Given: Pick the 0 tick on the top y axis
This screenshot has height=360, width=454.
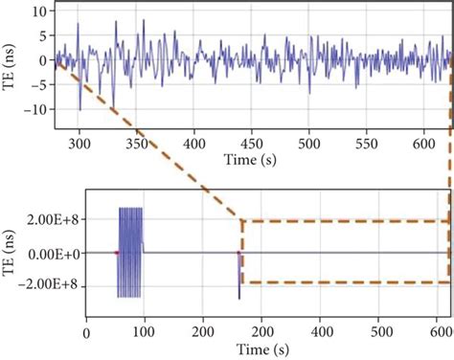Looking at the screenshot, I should coord(42,60).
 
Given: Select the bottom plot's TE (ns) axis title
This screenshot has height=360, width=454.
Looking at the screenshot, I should coord(12,253).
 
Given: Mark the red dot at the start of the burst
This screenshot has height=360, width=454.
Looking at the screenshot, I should coord(117,253).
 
